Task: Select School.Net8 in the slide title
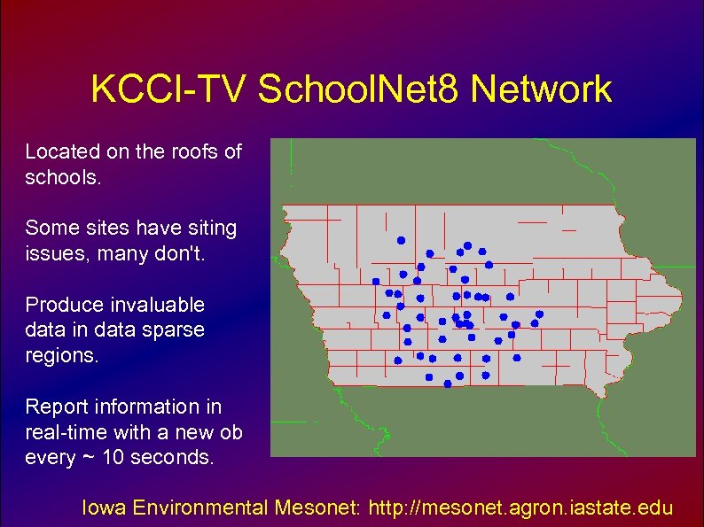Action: click(x=358, y=89)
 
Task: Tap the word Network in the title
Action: click(x=541, y=89)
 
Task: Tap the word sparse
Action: click(x=175, y=330)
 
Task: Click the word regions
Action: click(x=61, y=356)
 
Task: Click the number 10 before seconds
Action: click(x=113, y=458)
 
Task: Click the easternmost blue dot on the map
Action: click(x=538, y=314)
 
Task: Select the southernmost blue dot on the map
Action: click(x=447, y=385)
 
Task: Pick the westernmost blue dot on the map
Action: click(x=376, y=281)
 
